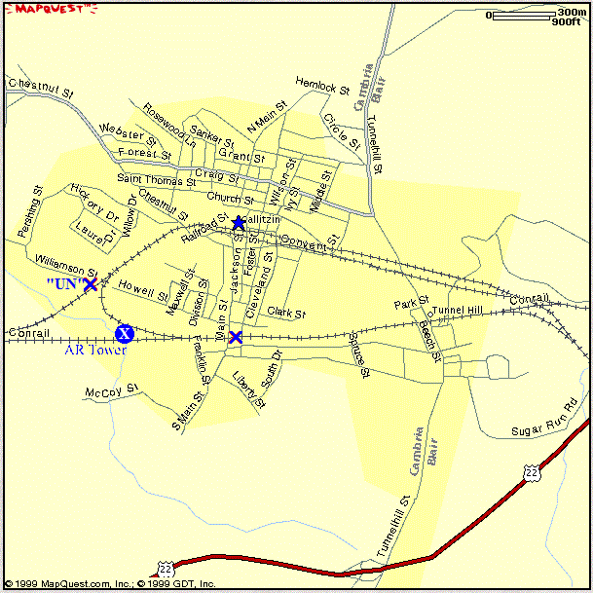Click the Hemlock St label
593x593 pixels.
tap(322, 87)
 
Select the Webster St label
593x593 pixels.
tap(128, 133)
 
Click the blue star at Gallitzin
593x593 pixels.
tap(239, 223)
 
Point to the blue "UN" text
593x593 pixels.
tap(62, 283)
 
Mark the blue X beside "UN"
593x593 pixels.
tap(91, 284)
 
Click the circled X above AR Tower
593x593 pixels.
tap(124, 334)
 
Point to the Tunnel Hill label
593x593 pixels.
tap(458, 311)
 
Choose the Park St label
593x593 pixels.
tap(412, 304)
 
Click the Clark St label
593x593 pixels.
tap(287, 314)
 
